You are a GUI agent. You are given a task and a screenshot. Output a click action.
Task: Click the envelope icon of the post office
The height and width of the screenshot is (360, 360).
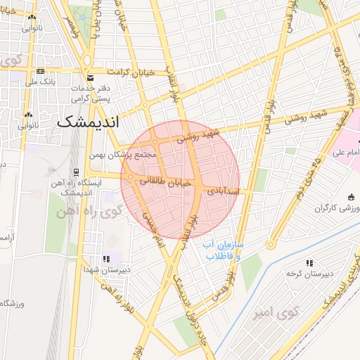(x=89, y=77)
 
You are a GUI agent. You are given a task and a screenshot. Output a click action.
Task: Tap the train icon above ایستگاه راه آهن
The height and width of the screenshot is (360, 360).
(x=76, y=172)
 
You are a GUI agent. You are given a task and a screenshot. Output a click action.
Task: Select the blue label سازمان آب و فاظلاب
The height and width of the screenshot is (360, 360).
(x=224, y=250)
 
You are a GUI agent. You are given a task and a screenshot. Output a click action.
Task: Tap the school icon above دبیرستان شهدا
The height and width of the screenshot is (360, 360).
(x=106, y=259)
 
